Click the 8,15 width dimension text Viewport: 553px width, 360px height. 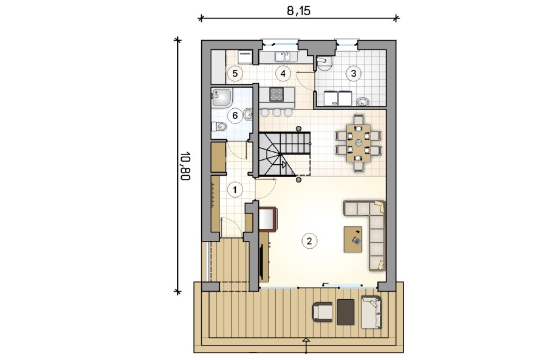[298, 11]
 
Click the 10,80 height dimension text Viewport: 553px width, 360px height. [185, 166]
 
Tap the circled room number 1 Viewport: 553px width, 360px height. [235, 190]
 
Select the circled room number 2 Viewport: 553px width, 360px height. [309, 241]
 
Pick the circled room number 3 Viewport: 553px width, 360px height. [354, 74]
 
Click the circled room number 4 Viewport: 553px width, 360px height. [283, 74]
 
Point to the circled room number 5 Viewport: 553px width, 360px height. [235, 74]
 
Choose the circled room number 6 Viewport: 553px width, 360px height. [235, 116]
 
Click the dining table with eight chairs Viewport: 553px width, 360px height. [359, 142]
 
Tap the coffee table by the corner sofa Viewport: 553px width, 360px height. [353, 240]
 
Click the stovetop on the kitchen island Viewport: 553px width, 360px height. [276, 94]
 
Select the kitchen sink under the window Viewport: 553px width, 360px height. [282, 57]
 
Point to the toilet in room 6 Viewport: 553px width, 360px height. [219, 126]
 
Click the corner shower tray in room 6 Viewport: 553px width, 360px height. [222, 98]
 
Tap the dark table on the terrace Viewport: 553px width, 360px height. [346, 312]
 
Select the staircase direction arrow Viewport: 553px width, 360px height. [284, 164]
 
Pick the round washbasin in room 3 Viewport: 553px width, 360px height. [363, 102]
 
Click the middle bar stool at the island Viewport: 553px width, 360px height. [276, 112]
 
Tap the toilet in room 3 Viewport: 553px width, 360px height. [324, 63]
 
